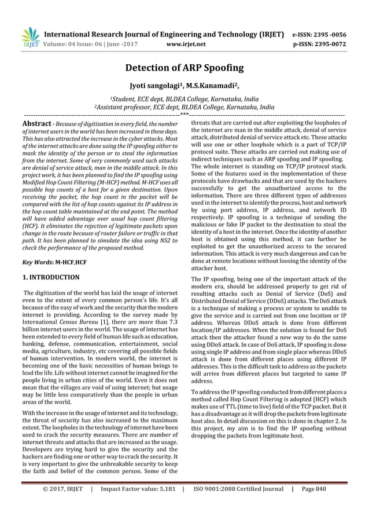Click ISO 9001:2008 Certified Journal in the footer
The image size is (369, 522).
tap(238, 505)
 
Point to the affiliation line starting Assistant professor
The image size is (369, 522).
tap(184, 107)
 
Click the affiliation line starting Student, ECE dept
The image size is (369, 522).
tap(184, 99)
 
